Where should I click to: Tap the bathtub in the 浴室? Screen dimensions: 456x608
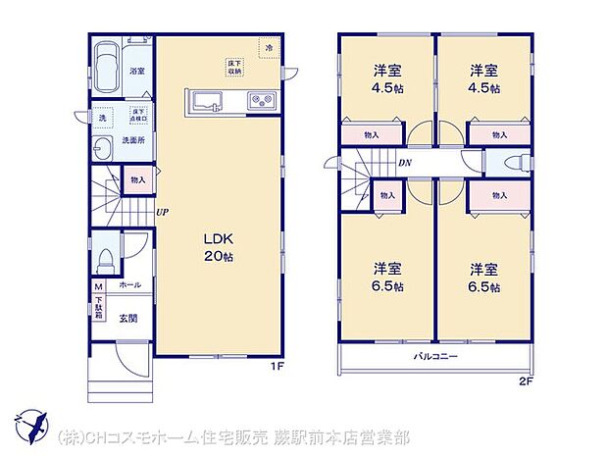[110, 71]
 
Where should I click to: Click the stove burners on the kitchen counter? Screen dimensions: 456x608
[262, 99]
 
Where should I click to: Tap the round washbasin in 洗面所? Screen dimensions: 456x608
[102, 149]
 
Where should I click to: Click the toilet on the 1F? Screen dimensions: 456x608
[105, 258]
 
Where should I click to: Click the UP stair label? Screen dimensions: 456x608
[160, 210]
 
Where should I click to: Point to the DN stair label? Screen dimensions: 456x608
[404, 164]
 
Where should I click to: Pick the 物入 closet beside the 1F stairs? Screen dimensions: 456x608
[137, 179]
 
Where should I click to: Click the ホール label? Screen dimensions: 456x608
[129, 285]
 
